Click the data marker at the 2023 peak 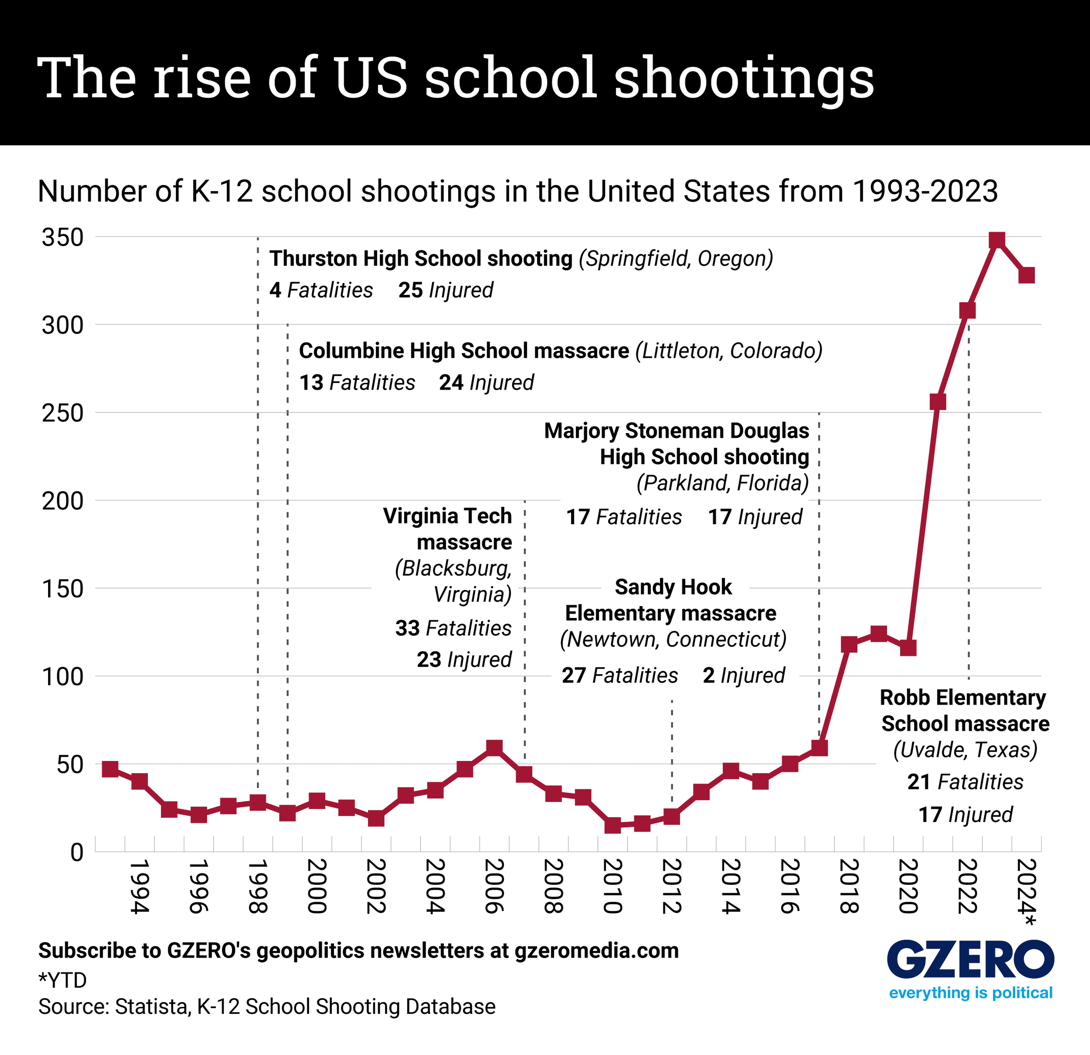pyautogui.click(x=996, y=241)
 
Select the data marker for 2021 pyautogui.click(x=938, y=402)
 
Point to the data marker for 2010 pyautogui.click(x=612, y=825)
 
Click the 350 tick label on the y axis pyautogui.click(x=62, y=237)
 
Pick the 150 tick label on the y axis pyautogui.click(x=62, y=589)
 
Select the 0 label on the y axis pyautogui.click(x=77, y=852)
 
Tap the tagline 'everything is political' pyautogui.click(x=970, y=993)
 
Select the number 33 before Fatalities pyautogui.click(x=407, y=628)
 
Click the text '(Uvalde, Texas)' pyautogui.click(x=965, y=750)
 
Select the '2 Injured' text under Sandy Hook pyautogui.click(x=744, y=675)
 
